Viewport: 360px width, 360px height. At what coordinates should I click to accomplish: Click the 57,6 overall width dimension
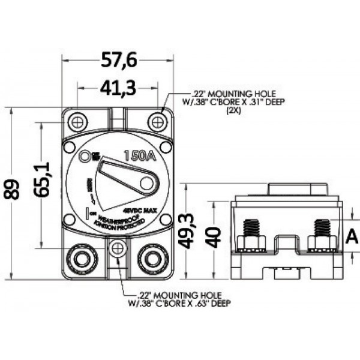click(x=118, y=60)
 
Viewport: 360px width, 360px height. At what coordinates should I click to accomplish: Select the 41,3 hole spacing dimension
click(x=117, y=89)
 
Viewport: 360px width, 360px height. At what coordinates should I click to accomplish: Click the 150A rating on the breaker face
click(x=139, y=157)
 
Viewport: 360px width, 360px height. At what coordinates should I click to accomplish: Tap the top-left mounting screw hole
click(x=76, y=122)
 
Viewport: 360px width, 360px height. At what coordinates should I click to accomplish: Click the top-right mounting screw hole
click(x=157, y=122)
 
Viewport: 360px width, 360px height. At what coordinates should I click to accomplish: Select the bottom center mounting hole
click(x=118, y=247)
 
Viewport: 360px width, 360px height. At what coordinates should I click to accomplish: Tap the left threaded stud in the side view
click(x=252, y=228)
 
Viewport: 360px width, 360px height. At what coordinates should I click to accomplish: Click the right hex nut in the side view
click(x=322, y=242)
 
